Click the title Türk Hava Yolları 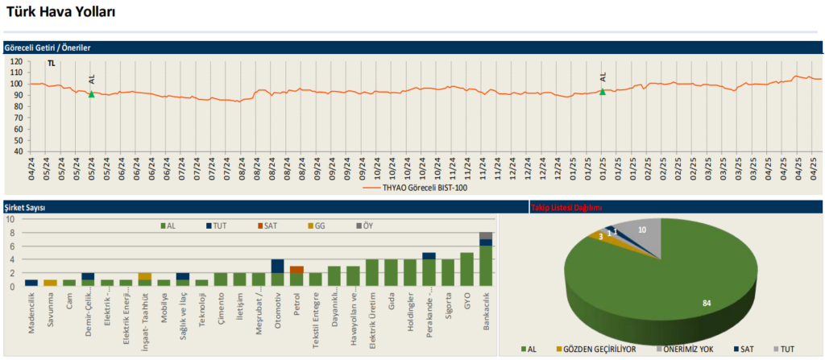[x=61, y=12]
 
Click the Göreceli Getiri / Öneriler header [x=48, y=48]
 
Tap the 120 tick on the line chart [x=16, y=61]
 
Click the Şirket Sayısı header [x=24, y=208]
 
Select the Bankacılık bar [x=485, y=259]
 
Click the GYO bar [x=466, y=269]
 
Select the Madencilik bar [x=31, y=283]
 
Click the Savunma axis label [x=51, y=305]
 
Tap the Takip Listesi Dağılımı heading [x=567, y=208]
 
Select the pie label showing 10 [x=641, y=230]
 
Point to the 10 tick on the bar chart [x=10, y=219]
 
